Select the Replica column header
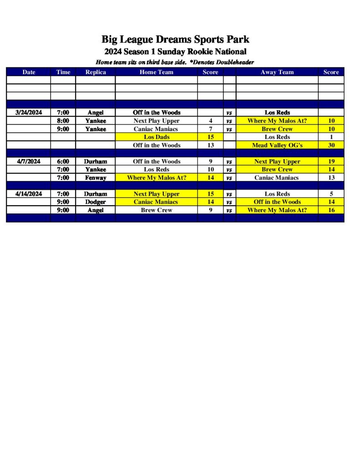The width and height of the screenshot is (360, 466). tap(96, 72)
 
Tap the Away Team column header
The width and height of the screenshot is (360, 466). tap(277, 72)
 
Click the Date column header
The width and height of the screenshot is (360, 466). tap(29, 72)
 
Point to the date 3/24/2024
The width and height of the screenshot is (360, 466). tap(29, 112)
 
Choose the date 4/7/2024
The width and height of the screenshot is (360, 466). tap(29, 161)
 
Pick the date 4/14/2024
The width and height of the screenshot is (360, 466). tap(29, 194)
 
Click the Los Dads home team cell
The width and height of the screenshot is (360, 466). tap(156, 137)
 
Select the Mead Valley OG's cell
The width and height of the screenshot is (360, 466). tap(277, 145)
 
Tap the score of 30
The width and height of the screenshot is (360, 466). tap(331, 145)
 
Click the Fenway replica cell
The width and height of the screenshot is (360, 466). tap(96, 177)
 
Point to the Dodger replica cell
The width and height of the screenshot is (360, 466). tap(96, 202)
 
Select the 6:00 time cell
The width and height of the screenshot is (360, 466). tap(63, 161)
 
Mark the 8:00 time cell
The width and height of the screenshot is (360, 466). tap(63, 121)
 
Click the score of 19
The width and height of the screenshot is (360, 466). tap(331, 161)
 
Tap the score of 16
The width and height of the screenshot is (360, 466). tap(331, 210)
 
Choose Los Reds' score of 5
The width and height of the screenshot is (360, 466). tap(331, 194)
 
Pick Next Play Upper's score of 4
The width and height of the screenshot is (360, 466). tap(210, 121)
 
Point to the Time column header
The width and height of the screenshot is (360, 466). tap(63, 72)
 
